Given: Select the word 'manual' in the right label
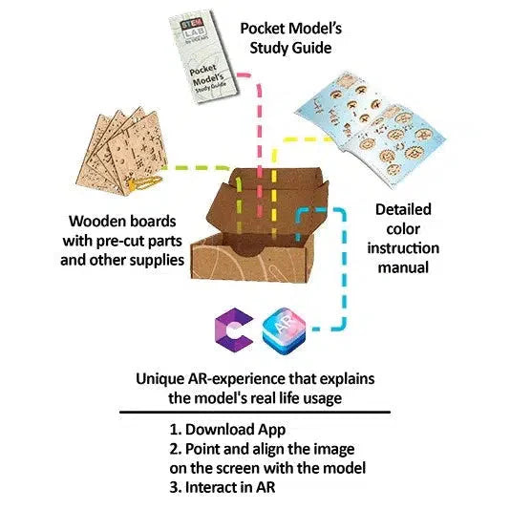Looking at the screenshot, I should [400, 268].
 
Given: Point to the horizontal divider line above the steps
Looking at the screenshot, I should [255, 412].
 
